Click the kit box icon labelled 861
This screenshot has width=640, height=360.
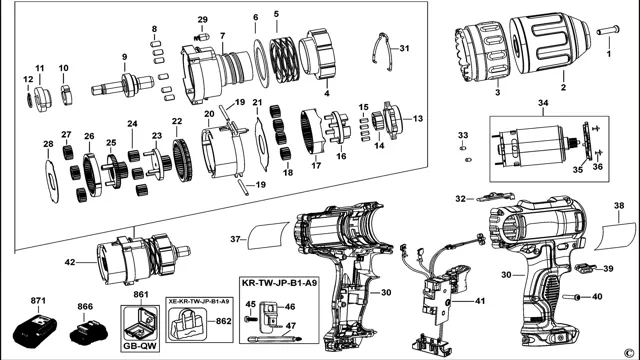pos(139,325)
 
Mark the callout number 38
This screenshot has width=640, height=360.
pos(619,207)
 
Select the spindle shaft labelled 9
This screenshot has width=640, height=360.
pos(127,83)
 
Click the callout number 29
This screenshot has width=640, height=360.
pos(202,20)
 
